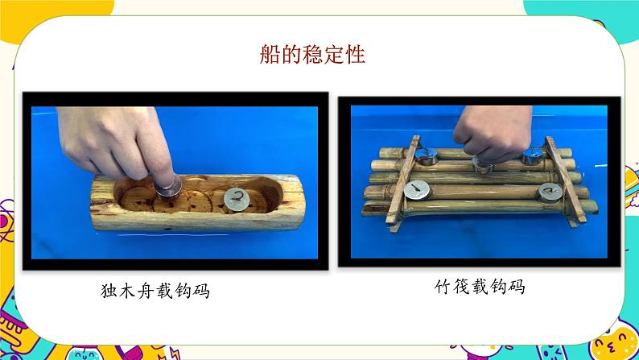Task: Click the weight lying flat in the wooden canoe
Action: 236,199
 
